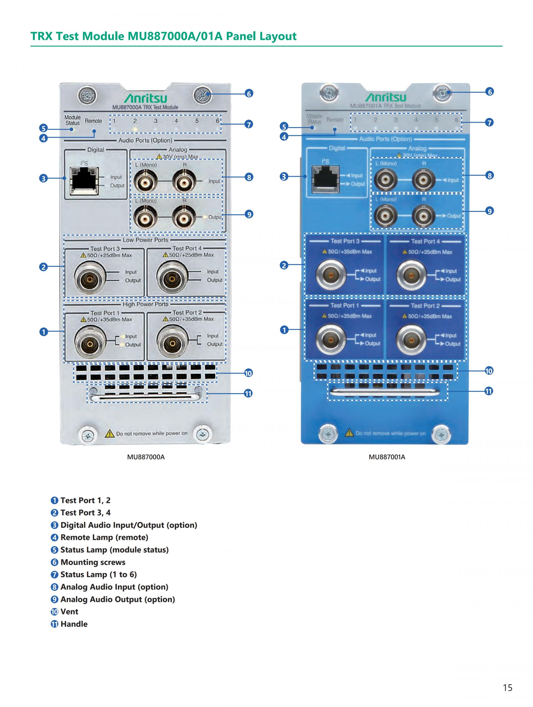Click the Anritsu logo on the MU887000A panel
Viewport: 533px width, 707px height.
(145, 98)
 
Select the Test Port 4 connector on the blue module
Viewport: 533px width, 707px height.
(411, 275)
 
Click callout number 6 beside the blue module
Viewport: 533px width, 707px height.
(489, 92)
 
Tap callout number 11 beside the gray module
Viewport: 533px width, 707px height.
(248, 393)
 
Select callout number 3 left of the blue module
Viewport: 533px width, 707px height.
(284, 176)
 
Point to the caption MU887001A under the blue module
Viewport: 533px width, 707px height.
(387, 457)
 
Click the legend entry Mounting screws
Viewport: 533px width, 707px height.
(93, 562)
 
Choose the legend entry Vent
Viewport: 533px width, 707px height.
(69, 611)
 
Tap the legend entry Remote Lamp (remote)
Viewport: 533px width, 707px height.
(104, 537)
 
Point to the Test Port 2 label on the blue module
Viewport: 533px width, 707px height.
(425, 306)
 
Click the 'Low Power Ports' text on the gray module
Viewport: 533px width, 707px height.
(145, 240)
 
